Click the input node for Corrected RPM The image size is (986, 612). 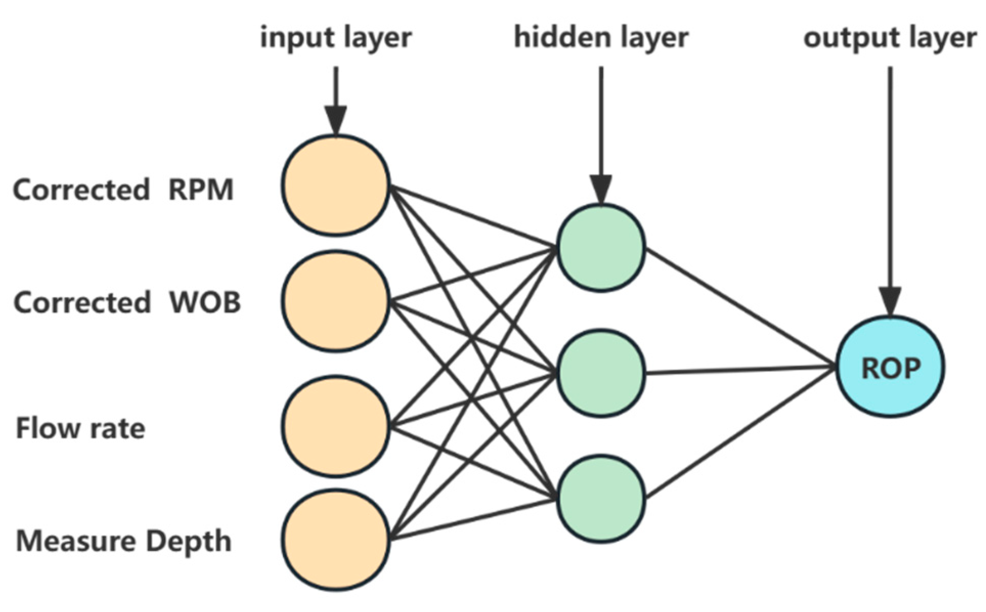coord(335,185)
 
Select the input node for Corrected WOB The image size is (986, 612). coord(335,301)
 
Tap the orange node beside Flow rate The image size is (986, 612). coord(335,426)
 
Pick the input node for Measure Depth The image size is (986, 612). coord(335,540)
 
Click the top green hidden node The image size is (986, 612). coord(600,248)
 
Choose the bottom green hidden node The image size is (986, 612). coord(600,499)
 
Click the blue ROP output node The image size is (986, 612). coord(890,367)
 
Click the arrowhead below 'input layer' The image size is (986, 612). coord(335,120)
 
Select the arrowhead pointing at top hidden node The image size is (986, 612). coord(601,189)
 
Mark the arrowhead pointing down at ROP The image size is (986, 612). coord(890,302)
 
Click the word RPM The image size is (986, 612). coord(201,190)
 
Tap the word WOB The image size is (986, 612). coord(205,302)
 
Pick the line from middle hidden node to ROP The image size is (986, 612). coord(742,370)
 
